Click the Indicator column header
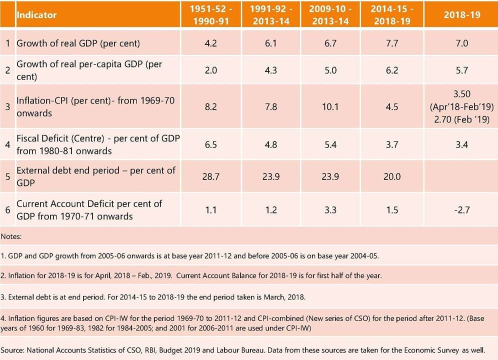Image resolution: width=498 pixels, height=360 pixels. click(x=36, y=14)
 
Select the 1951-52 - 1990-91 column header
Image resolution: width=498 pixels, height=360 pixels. click(x=210, y=14)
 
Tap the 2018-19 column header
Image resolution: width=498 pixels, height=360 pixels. click(x=461, y=14)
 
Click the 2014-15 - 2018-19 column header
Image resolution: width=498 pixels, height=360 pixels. click(x=392, y=14)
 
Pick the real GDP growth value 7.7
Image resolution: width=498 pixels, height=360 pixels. click(x=392, y=43)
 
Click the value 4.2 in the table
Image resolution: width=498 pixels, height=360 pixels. click(x=210, y=43)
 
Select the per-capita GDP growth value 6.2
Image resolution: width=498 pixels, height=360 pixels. click(x=392, y=70)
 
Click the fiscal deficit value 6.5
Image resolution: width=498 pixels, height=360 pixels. click(x=210, y=144)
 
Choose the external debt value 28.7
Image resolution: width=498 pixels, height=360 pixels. click(x=210, y=176)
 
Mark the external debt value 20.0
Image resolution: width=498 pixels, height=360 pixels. click(x=392, y=176)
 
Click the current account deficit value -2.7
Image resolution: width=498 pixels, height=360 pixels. click(x=461, y=210)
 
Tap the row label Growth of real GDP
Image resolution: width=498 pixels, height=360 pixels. click(x=78, y=43)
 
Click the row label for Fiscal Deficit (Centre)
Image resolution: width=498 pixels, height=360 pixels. click(x=98, y=144)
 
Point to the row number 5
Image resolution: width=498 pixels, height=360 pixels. click(x=8, y=176)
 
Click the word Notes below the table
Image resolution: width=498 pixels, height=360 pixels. click(x=11, y=235)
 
